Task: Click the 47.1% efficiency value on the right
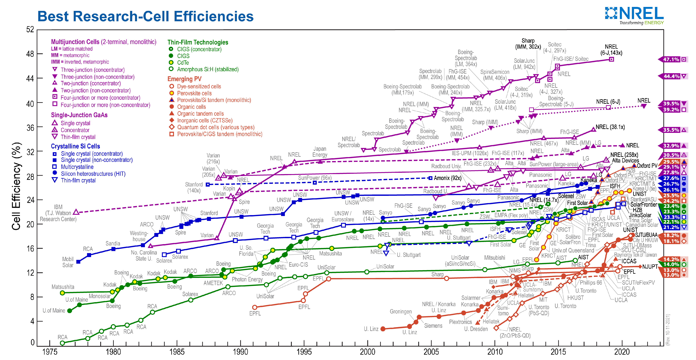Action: point(671,59)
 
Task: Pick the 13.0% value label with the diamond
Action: point(671,275)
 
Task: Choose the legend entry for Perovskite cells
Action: point(194,93)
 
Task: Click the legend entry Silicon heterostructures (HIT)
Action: point(93,174)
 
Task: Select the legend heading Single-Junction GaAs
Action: point(79,115)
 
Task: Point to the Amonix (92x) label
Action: point(447,178)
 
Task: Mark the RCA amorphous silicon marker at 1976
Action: point(62,343)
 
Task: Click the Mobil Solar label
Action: point(68,262)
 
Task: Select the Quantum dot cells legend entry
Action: point(215,127)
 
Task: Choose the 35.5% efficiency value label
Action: point(671,130)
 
